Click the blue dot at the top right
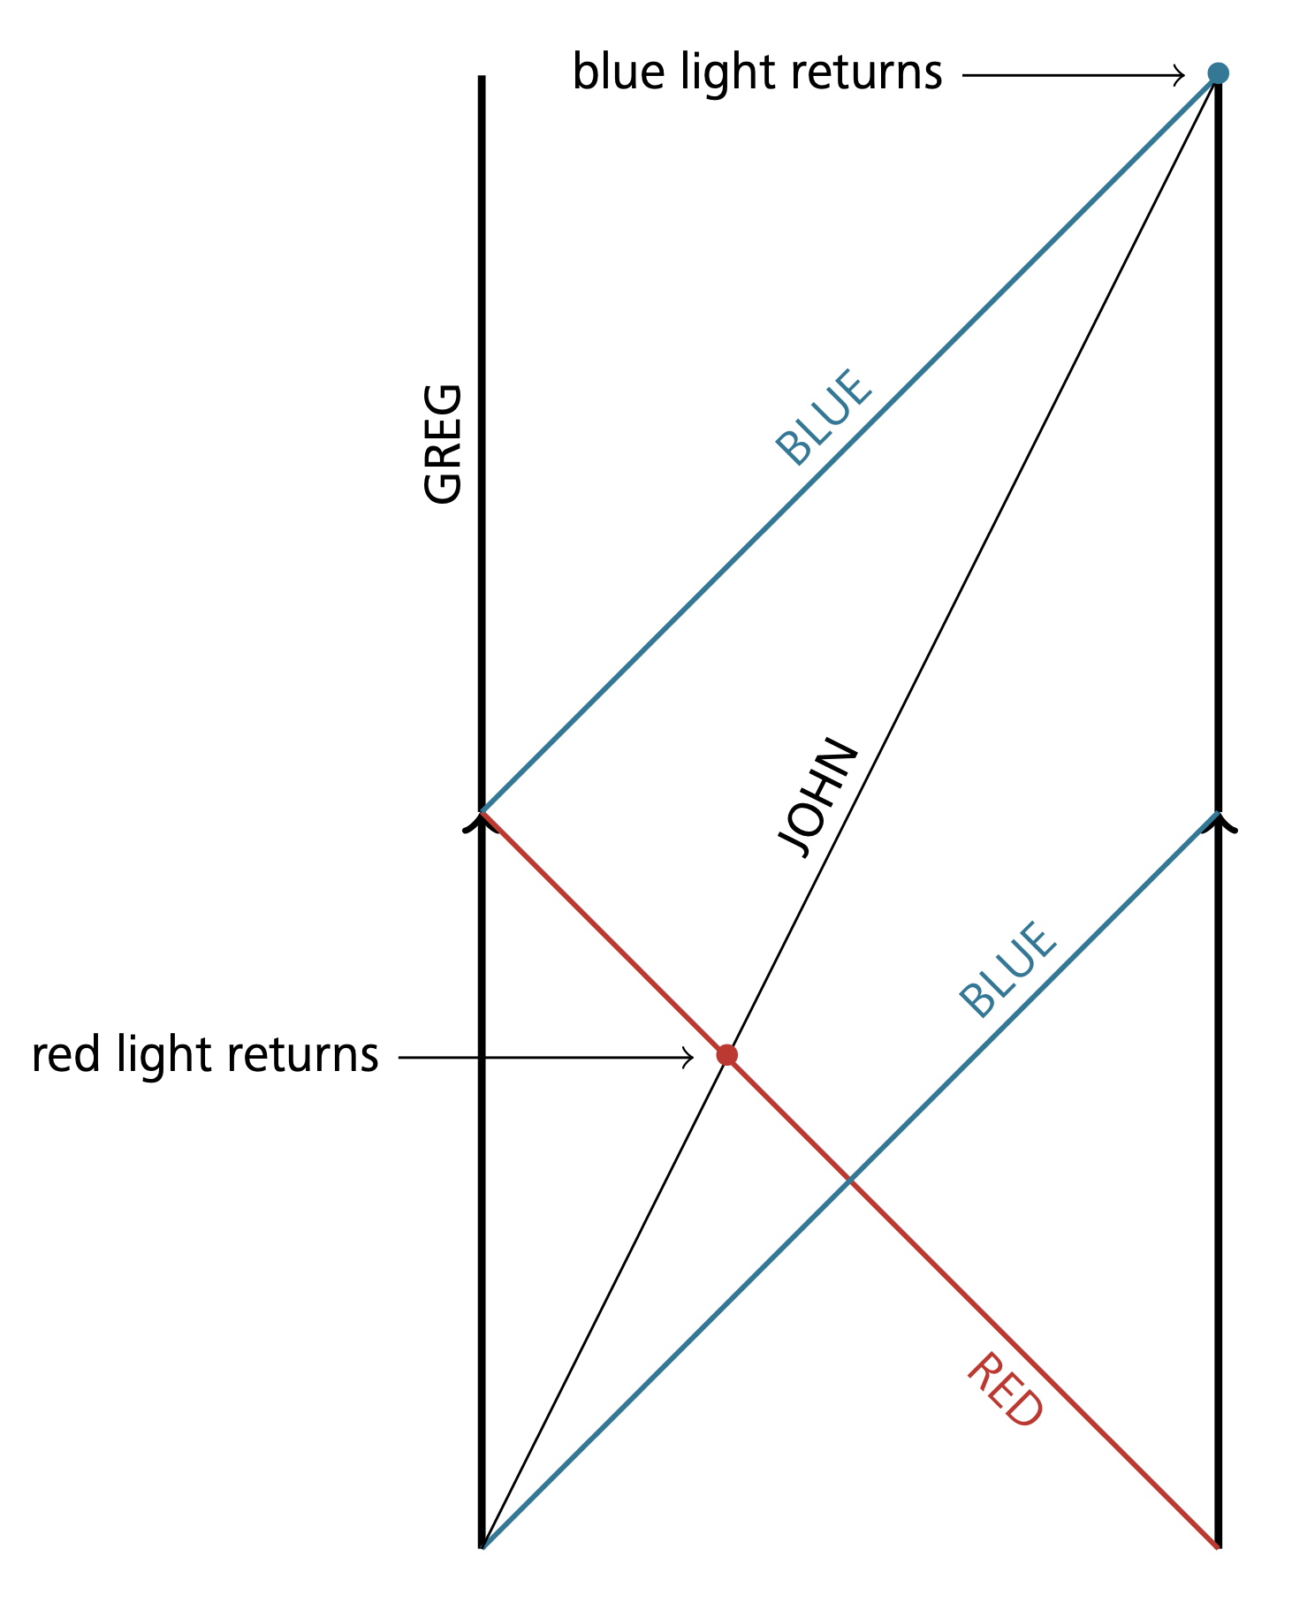[x=1218, y=72]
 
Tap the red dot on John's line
[x=726, y=1054]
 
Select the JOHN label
[x=817, y=797]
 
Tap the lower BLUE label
[x=1007, y=969]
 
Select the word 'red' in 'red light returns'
[x=65, y=1055]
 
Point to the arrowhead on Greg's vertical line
[x=482, y=823]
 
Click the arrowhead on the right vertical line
[x=1218, y=823]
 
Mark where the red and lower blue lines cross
[x=849, y=1179]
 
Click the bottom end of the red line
[x=1218, y=1546]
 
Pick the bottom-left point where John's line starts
[x=482, y=1546]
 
